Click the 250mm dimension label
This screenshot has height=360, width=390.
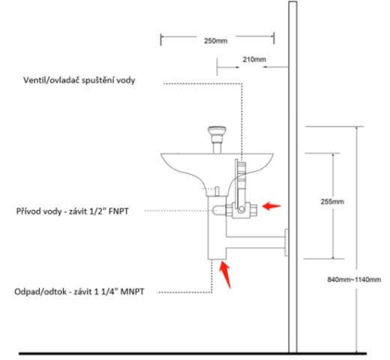click(215, 40)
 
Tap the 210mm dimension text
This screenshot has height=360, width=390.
click(254, 59)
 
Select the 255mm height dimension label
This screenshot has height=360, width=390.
click(332, 202)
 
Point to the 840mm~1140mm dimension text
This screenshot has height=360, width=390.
click(354, 279)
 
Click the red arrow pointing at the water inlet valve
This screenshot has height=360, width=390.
click(271, 206)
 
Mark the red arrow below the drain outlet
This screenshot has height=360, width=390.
click(225, 274)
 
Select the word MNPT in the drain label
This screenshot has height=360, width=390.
click(132, 292)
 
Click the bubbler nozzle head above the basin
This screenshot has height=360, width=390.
click(217, 131)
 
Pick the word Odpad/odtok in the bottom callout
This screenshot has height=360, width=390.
click(40, 292)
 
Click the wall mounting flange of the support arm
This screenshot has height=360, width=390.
click(286, 242)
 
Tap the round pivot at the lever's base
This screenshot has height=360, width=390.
click(241, 208)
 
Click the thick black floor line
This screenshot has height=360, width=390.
click(193, 353)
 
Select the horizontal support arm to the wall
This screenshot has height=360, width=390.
click(256, 242)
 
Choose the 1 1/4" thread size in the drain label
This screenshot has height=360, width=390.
click(106, 292)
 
